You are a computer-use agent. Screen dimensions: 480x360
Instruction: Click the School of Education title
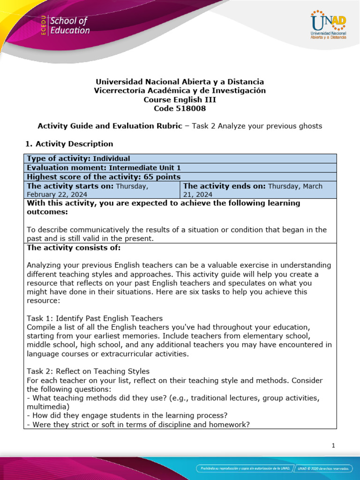(69, 26)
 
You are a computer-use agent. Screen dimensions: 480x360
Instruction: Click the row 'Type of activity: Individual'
(79, 158)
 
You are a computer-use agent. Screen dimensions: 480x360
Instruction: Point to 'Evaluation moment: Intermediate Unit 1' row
(104, 168)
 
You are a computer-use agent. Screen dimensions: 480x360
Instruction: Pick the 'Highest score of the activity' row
(104, 177)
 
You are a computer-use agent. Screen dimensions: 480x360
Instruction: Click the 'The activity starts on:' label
(70, 186)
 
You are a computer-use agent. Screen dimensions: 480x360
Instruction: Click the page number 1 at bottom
(333, 446)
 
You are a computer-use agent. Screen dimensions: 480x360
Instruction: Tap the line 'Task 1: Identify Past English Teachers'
(95, 318)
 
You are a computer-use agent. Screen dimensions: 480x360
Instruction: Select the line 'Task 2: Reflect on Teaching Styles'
(89, 371)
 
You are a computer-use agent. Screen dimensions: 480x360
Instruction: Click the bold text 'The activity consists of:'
(74, 247)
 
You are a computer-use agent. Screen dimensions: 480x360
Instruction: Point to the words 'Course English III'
(180, 99)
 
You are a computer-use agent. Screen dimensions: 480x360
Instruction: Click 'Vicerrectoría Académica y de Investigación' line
(180, 90)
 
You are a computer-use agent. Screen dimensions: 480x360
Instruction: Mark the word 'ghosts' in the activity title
(310, 126)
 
